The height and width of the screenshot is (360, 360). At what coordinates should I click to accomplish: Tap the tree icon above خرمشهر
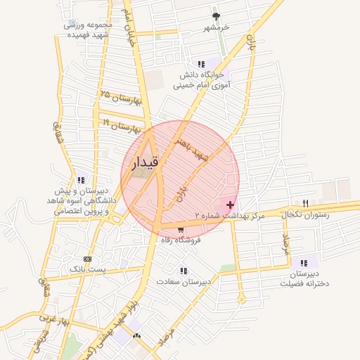(x=215, y=15)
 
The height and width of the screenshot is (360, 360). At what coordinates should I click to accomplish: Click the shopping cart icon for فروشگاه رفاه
(x=181, y=229)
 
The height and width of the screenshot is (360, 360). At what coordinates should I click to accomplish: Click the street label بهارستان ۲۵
(x=121, y=98)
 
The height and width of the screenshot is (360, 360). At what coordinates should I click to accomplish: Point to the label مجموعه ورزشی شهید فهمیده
(x=86, y=29)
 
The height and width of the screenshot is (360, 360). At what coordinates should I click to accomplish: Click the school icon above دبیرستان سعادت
(x=184, y=271)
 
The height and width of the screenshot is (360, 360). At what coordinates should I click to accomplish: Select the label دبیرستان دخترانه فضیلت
(x=304, y=279)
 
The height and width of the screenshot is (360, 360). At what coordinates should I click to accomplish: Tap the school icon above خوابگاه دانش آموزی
(x=202, y=64)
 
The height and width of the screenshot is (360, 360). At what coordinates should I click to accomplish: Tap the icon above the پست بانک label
(x=87, y=258)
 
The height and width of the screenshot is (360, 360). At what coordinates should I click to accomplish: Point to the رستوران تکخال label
(x=304, y=214)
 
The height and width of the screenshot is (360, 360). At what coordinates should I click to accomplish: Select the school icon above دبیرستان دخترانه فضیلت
(x=304, y=262)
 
